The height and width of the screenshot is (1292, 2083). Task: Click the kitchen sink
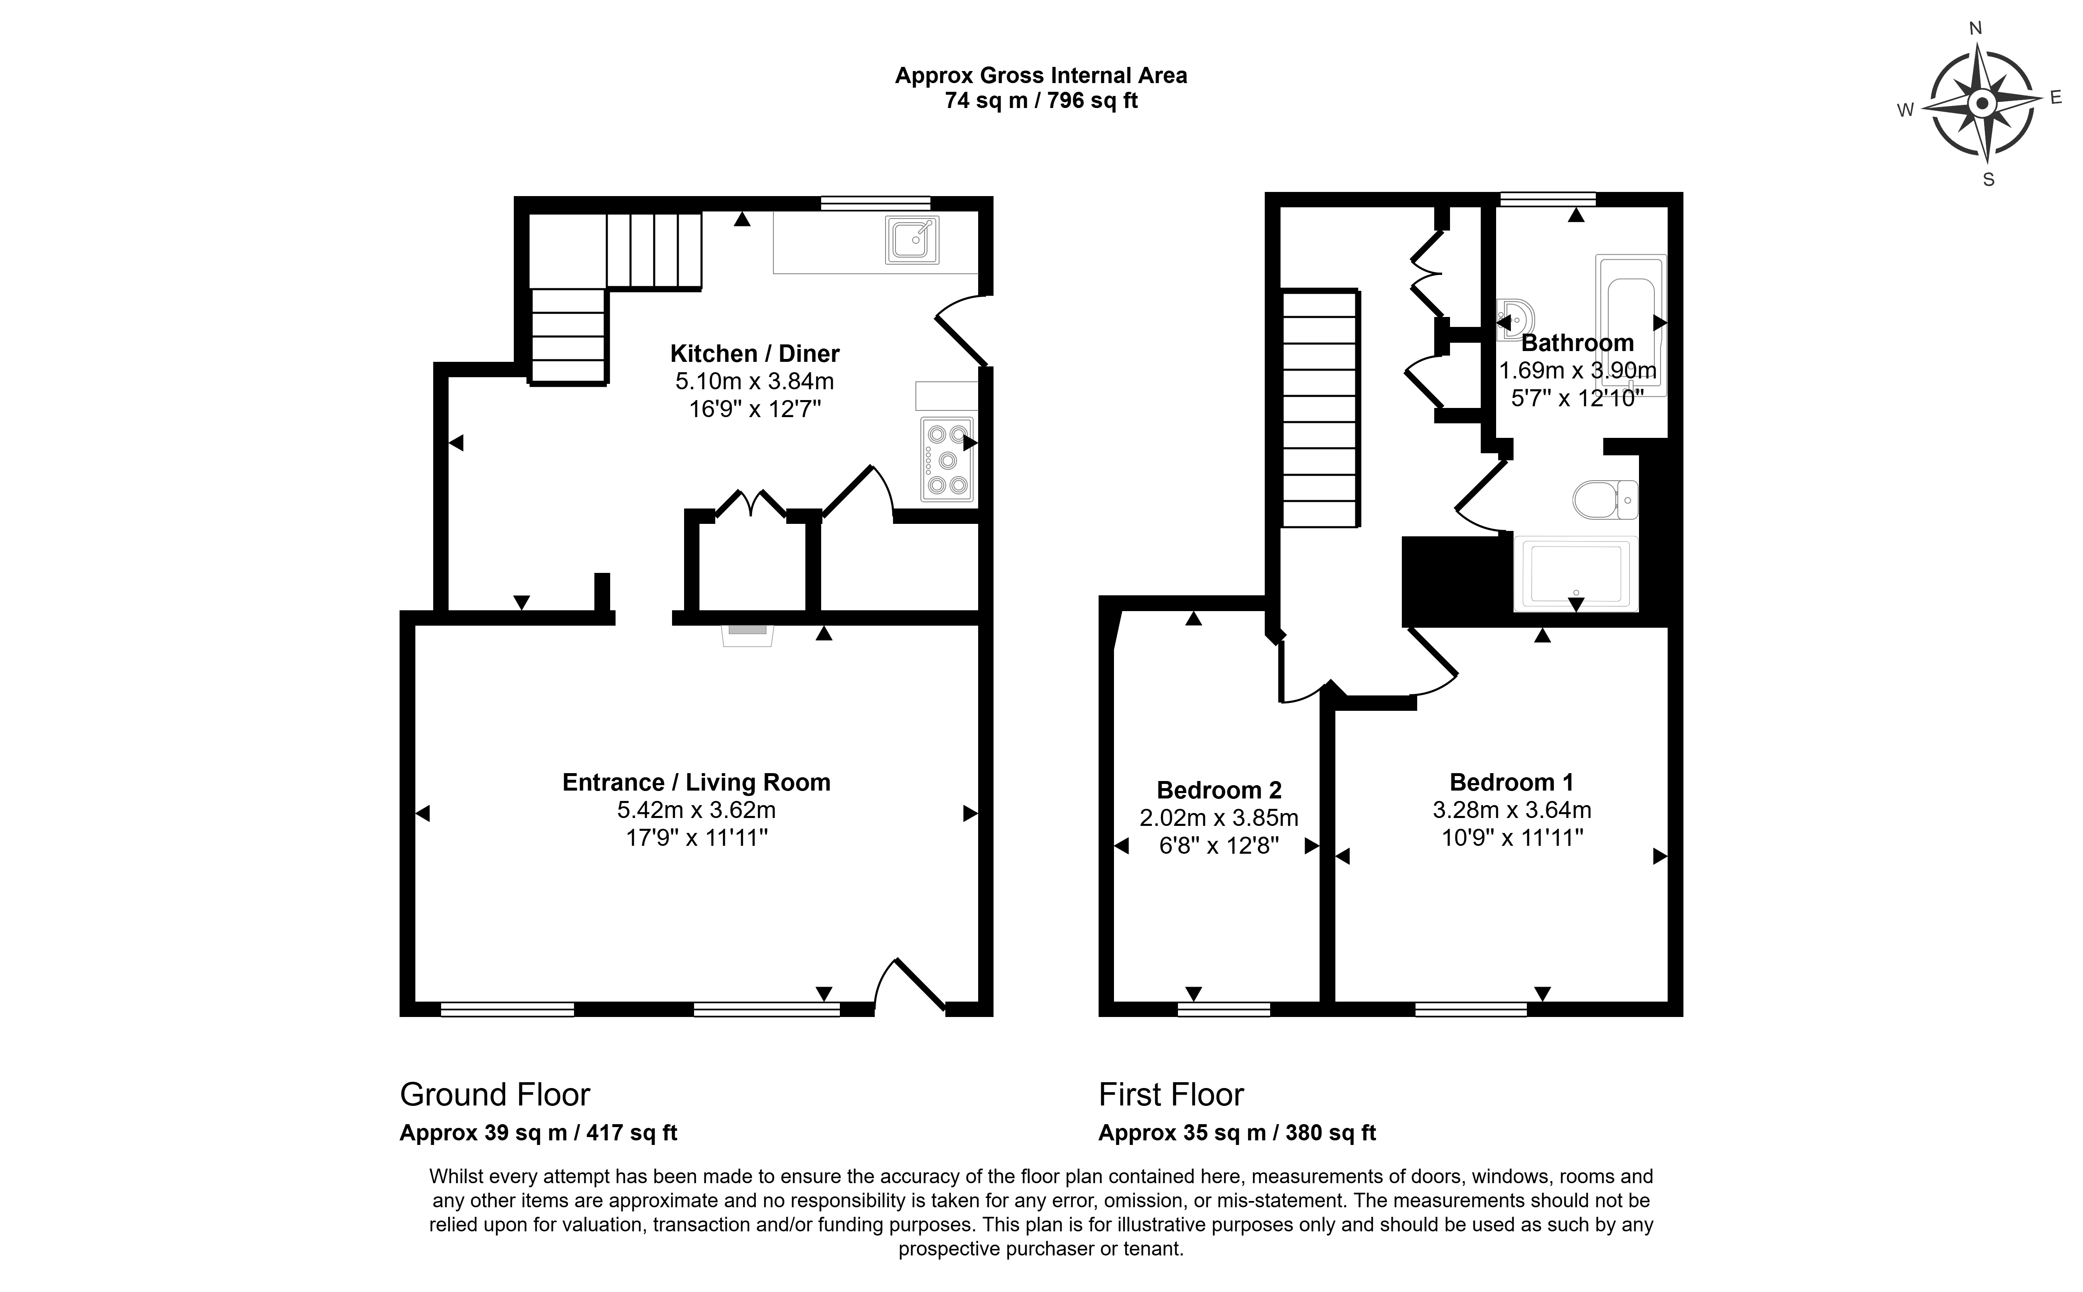(x=913, y=240)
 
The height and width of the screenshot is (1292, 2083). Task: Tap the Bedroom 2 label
(x=1219, y=791)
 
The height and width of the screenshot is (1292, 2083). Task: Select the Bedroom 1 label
(x=1511, y=782)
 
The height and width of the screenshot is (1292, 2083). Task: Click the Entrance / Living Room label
(x=696, y=783)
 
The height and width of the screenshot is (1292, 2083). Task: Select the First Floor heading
(x=1171, y=1095)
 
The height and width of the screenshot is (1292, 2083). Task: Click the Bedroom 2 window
(x=1224, y=1009)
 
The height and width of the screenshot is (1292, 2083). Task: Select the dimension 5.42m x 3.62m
(x=696, y=809)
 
